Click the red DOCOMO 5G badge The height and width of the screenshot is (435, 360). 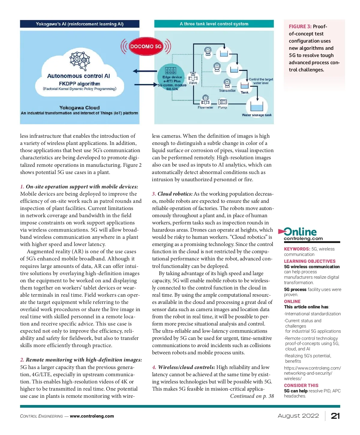pos(146,46)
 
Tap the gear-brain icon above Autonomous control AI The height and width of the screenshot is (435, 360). pos(79,59)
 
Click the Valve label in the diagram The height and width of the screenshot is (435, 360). pos(193,83)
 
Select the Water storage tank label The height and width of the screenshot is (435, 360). pos(256,115)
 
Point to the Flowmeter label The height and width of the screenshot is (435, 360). pos(205,107)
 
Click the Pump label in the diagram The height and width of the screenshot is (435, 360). pos(223,107)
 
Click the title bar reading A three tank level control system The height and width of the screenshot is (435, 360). pos(214,24)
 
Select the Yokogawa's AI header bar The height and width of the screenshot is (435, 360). pos(79,24)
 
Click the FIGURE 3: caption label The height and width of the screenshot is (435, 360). pos(300,26)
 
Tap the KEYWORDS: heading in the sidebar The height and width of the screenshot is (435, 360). pos(297,249)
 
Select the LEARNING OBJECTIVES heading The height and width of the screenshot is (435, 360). pos(310,261)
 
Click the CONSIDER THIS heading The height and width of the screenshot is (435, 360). pos(301,385)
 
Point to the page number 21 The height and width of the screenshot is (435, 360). pos(335,416)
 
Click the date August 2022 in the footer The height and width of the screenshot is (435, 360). pos(298,416)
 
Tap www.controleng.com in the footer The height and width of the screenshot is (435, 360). pos(92,416)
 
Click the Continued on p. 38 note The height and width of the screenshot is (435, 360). pos(252,396)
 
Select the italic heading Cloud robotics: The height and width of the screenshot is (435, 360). pos(175,194)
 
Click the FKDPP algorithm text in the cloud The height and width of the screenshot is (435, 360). pos(79,84)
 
